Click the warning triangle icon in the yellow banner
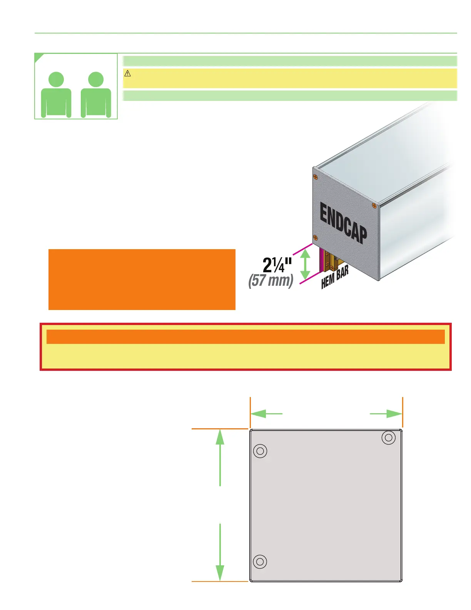(128, 74)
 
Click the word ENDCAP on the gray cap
(343, 224)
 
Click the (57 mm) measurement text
(271, 280)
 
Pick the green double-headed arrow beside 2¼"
(305, 264)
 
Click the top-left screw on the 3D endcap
(316, 177)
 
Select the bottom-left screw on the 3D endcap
(316, 237)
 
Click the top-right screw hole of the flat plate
(389, 437)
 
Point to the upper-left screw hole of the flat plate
(261, 451)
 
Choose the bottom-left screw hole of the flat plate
(260, 561)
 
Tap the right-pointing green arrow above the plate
(386, 414)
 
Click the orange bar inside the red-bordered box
(246, 337)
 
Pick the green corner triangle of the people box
(38, 57)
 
